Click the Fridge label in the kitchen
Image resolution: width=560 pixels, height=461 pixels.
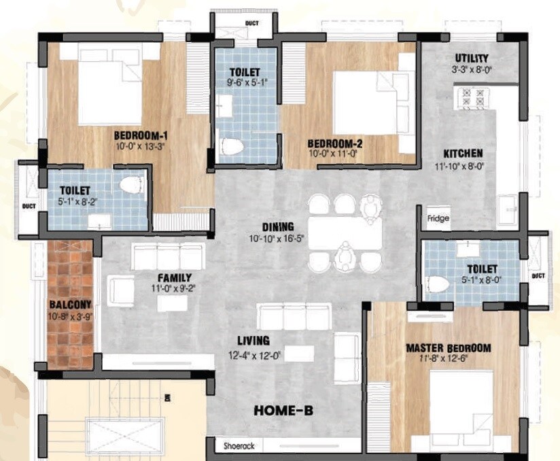(x=438, y=219)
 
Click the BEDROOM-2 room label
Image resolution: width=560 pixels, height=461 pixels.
(x=335, y=143)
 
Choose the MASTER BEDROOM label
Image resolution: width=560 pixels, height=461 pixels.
(x=447, y=348)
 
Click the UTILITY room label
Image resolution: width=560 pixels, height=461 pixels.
(x=472, y=58)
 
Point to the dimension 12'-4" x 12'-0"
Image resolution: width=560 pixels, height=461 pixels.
(x=254, y=354)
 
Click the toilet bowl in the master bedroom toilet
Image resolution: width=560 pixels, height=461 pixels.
(x=437, y=284)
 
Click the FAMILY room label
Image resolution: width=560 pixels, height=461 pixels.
(x=175, y=277)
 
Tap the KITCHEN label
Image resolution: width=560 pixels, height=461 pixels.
(x=463, y=154)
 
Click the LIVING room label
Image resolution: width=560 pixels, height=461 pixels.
(x=253, y=341)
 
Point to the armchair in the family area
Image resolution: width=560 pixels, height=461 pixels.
(x=122, y=290)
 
